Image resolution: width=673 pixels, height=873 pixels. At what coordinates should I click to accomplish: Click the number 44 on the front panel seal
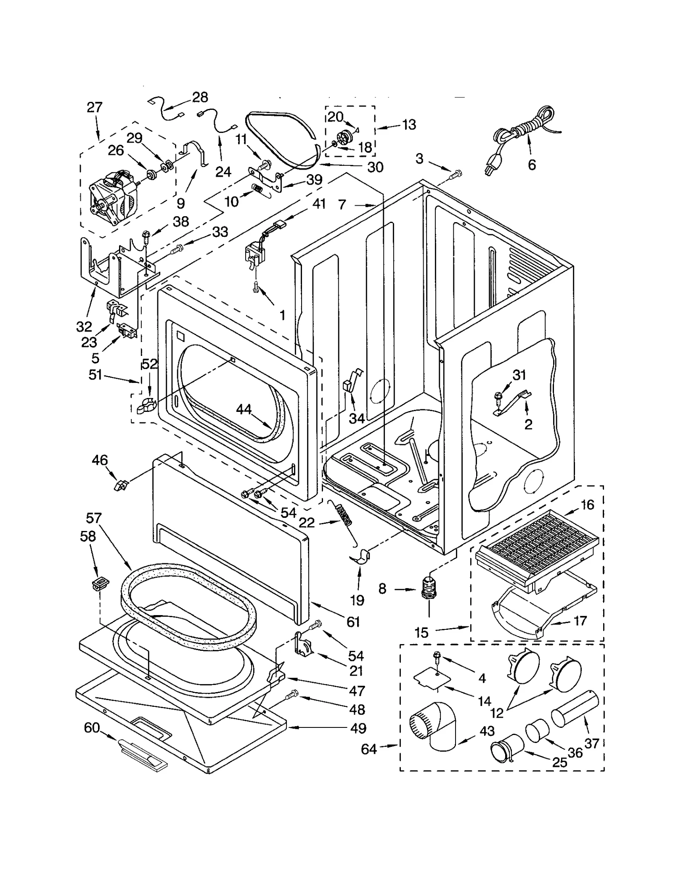click(x=244, y=409)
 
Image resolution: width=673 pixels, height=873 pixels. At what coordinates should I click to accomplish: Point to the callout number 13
click(x=409, y=125)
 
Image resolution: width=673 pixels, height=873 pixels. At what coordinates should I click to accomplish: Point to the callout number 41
click(x=319, y=204)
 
